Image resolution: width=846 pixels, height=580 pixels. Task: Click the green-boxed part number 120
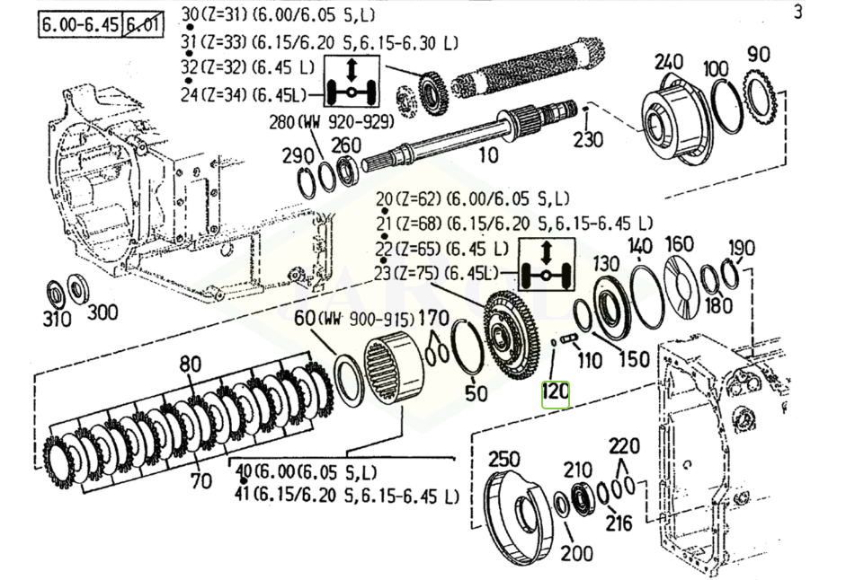[555, 393]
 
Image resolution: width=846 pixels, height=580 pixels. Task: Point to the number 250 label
[504, 460]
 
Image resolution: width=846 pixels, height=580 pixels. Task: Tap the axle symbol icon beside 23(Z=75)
[547, 267]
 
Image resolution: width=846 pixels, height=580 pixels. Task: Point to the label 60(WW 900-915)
[354, 319]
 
